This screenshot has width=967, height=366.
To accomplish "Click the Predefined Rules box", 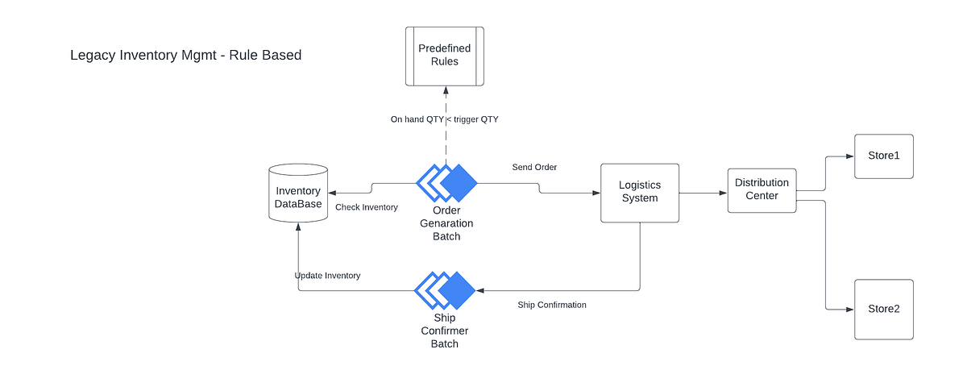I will [x=444, y=56].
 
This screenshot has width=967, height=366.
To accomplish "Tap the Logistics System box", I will [x=640, y=193].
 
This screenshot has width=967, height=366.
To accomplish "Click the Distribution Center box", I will [x=762, y=190].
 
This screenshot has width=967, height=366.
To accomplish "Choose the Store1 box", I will [x=883, y=156].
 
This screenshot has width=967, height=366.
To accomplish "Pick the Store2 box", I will [x=883, y=309].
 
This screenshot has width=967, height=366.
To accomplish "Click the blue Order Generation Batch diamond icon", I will [x=446, y=183].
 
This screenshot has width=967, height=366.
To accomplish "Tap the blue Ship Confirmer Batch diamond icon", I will [x=445, y=290].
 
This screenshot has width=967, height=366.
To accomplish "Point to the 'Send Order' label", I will [x=534, y=168].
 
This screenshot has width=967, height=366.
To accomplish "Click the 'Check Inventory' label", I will [x=367, y=207].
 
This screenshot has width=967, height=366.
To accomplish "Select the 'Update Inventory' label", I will [x=327, y=276].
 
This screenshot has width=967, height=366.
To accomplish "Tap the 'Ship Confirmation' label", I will [x=551, y=305].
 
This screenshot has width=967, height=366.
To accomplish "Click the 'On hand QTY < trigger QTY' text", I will [x=444, y=119].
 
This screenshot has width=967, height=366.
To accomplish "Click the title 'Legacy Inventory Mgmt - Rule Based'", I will [x=185, y=56].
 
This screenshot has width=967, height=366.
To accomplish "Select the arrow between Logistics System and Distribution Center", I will [x=703, y=193].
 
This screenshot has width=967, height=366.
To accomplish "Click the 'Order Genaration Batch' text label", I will [x=446, y=223].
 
